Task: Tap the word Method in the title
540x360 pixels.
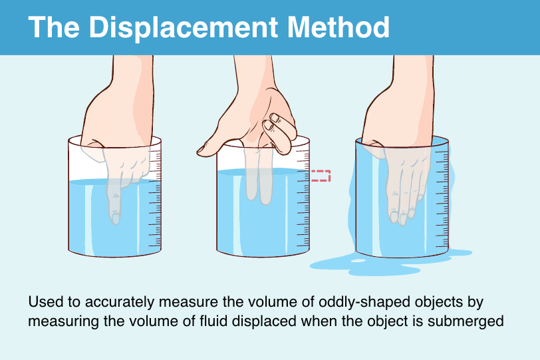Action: (338, 27)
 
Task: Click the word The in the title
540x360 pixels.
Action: (54, 27)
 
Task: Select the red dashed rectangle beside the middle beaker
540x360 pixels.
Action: (321, 176)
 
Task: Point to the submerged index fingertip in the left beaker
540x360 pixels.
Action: (115, 218)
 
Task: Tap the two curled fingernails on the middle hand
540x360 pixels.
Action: (272, 122)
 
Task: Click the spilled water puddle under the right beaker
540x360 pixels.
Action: (389, 263)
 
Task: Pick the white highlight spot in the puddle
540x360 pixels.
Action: (358, 261)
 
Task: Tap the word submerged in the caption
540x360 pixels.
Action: (466, 321)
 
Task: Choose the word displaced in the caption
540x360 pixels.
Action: (264, 321)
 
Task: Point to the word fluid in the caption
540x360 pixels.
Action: (213, 321)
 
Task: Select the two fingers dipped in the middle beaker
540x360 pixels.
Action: (259, 176)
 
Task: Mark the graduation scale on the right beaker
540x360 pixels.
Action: (442, 198)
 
